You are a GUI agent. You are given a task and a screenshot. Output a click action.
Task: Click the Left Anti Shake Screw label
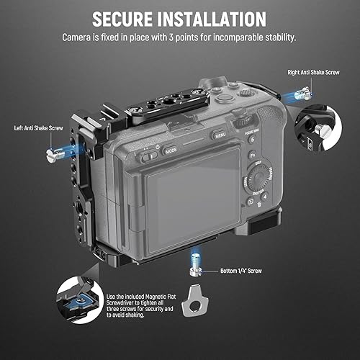(43, 128)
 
